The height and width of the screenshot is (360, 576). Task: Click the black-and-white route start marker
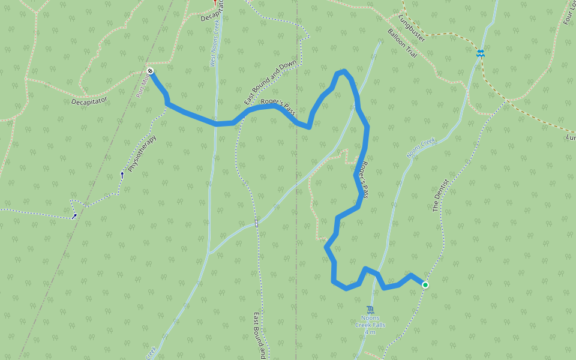150,72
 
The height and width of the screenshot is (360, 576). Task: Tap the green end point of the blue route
425,284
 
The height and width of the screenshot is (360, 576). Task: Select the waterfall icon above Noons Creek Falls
370,310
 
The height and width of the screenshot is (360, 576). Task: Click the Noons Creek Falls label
370,322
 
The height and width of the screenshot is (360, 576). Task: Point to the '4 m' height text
370,332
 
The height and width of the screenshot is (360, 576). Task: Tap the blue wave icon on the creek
480,53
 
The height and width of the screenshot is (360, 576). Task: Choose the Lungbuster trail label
412,29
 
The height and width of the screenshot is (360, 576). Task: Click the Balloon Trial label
401,43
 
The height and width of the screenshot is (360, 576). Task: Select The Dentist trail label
440,199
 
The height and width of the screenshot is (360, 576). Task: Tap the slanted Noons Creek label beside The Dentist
420,148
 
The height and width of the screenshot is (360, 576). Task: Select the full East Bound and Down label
271,84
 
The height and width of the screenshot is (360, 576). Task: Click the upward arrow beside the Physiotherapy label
122,175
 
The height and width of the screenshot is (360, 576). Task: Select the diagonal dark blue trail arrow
74,216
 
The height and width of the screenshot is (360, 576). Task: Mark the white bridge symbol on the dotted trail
256,223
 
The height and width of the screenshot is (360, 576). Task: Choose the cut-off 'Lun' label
570,137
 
